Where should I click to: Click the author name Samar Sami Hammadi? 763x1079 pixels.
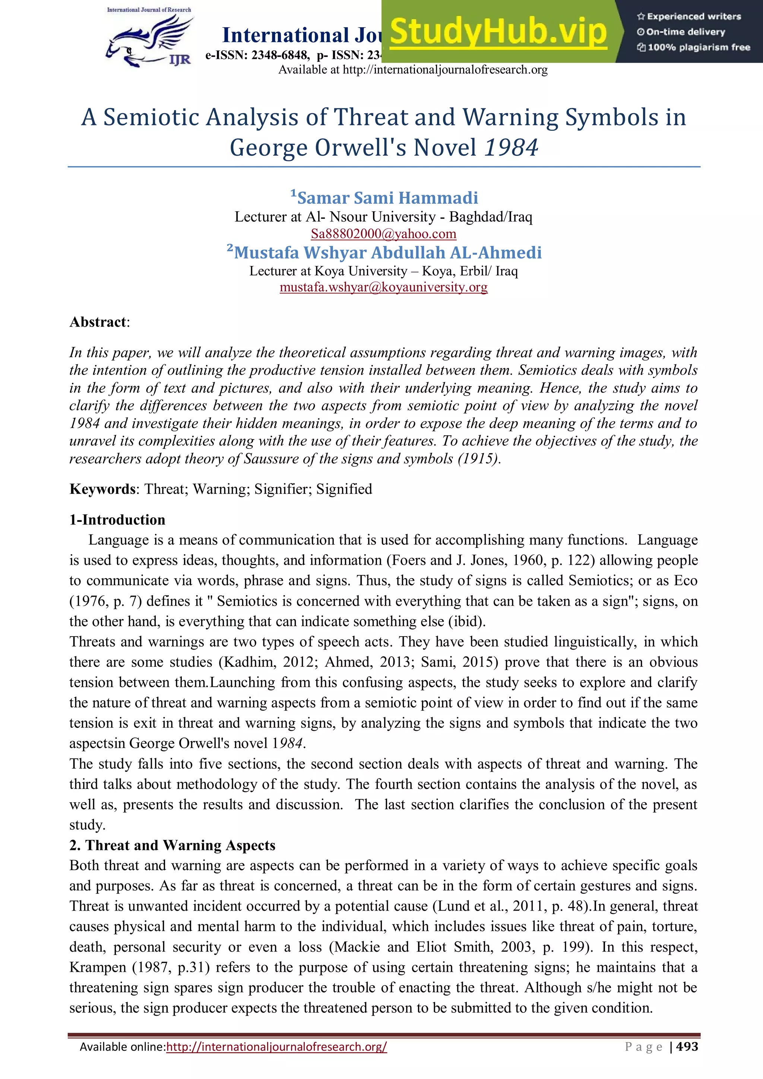coord(387,198)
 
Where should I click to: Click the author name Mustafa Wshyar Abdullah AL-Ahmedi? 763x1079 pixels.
coord(387,253)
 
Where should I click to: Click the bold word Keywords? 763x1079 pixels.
coord(102,489)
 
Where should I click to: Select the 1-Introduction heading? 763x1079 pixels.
coord(117,520)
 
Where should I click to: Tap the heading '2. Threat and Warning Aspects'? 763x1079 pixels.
coord(172,845)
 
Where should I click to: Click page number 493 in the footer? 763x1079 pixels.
coord(687,1047)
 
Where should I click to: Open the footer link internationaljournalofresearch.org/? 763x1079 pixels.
coord(276,1047)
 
